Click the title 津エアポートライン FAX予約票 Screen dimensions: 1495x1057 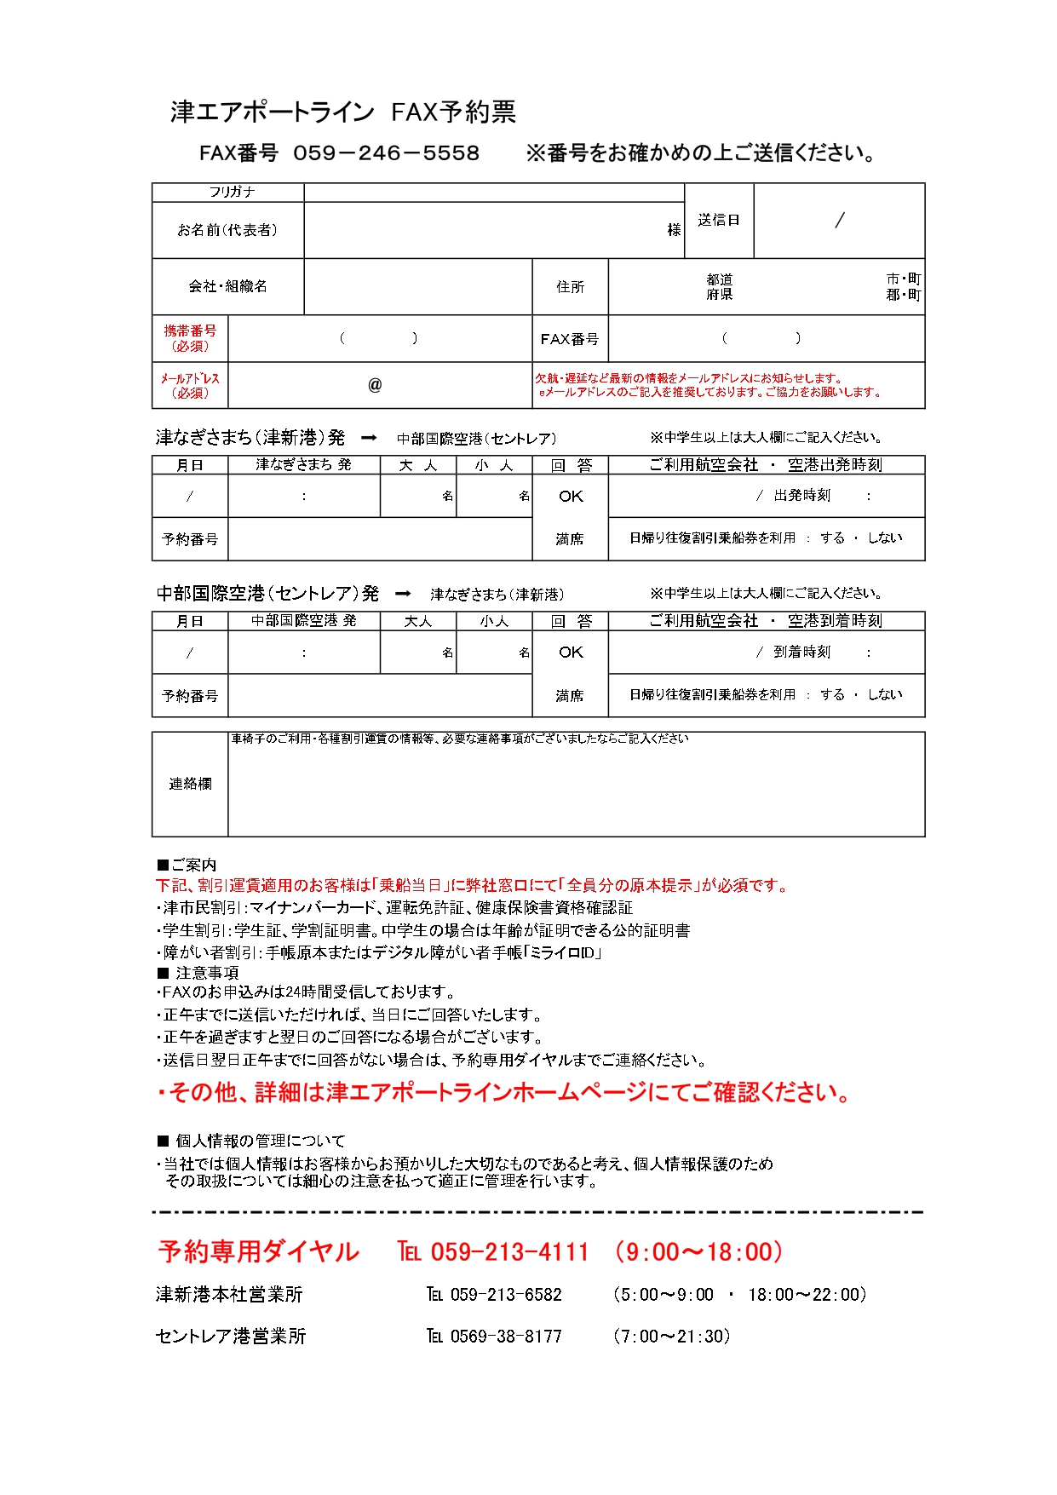pyautogui.click(x=342, y=112)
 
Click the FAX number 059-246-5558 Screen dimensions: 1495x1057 pyautogui.click(x=386, y=153)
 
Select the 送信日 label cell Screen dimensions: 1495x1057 pyautogui.click(x=719, y=221)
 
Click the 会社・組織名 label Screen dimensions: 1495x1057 pyautogui.click(x=227, y=287)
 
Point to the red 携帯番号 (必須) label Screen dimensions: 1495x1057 pyautogui.click(x=190, y=338)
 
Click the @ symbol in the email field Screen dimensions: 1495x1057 pyautogui.click(x=375, y=385)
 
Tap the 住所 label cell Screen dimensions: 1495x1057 pyautogui.click(x=570, y=287)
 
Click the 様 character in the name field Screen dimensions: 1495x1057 pyautogui.click(x=675, y=230)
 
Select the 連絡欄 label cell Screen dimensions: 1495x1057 pyautogui.click(x=190, y=784)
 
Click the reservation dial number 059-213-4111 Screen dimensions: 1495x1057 pyautogui.click(x=509, y=1251)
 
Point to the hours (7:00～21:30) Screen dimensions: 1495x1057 pyautogui.click(x=672, y=1337)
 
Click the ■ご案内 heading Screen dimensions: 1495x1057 pyautogui.click(x=187, y=865)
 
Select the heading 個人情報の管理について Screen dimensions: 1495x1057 pyautogui.click(x=253, y=1141)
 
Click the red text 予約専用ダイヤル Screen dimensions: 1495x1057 pyautogui.click(x=258, y=1251)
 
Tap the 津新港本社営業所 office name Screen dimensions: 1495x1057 pyautogui.click(x=229, y=1295)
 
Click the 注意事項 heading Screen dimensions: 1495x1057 pyautogui.click(x=199, y=973)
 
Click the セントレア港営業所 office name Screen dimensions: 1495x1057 pyautogui.click(x=231, y=1337)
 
